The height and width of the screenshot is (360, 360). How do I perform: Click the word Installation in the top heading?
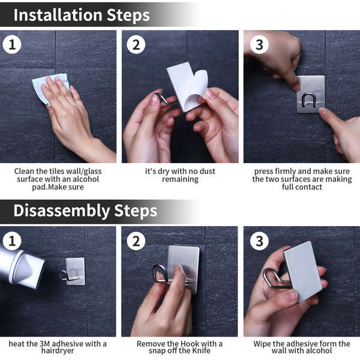pyautogui.click(x=58, y=15)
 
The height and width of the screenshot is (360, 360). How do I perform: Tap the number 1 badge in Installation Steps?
pyautogui.click(x=12, y=44)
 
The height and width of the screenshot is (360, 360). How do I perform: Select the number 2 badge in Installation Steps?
pyautogui.click(x=136, y=44)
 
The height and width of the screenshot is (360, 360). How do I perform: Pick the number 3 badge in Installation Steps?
pyautogui.click(x=259, y=44)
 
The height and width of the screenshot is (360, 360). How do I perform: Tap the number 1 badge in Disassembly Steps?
pyautogui.click(x=12, y=241)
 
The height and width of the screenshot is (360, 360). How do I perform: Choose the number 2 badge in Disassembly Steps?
pyautogui.click(x=136, y=241)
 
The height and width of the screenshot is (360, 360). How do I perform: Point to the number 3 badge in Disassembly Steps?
pyautogui.click(x=259, y=241)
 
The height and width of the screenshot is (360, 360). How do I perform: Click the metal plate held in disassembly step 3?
pyautogui.click(x=302, y=271)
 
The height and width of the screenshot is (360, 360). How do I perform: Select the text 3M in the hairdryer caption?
pyautogui.click(x=45, y=344)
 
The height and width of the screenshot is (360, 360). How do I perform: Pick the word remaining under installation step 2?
pyautogui.click(x=180, y=179)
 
